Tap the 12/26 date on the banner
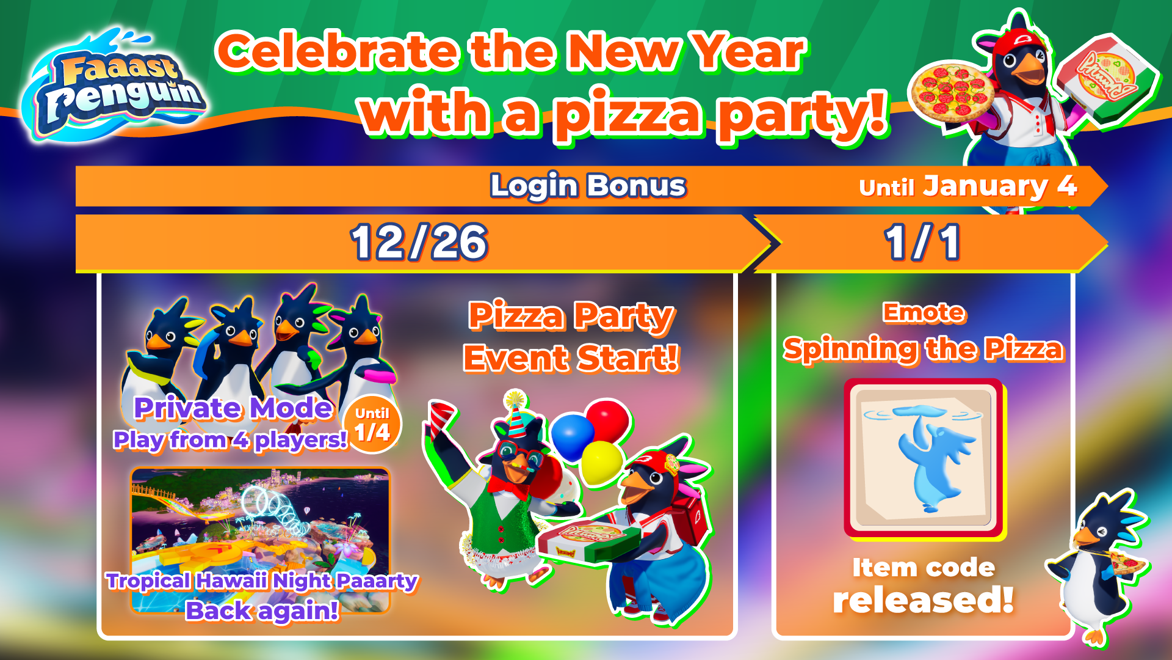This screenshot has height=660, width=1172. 419,243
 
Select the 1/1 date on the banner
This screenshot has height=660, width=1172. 922,243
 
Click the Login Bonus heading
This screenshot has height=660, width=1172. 588,186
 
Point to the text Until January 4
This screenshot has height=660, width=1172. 968,186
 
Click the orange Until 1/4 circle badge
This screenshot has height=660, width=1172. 372,425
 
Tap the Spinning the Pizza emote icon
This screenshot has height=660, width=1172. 924,458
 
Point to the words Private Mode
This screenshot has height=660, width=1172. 233,408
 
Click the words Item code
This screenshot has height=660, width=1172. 924,568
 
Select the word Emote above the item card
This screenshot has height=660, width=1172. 924,312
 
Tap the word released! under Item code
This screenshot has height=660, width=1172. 924,600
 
